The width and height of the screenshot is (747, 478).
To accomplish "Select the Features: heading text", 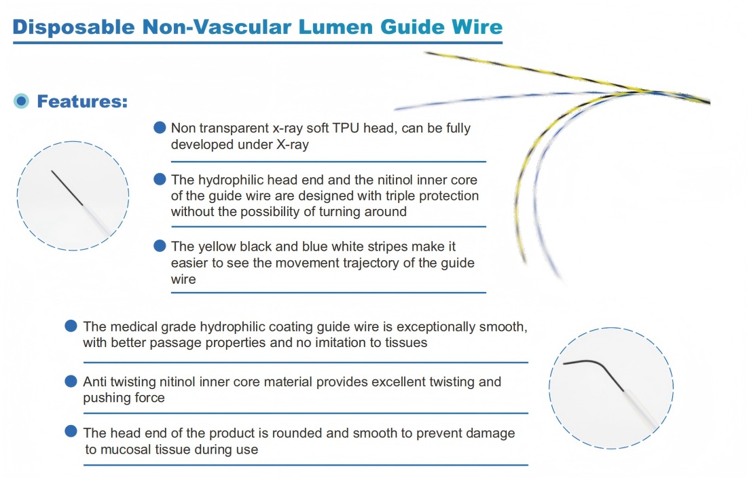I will point(82,102).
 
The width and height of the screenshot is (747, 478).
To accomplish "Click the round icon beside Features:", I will point(22,101).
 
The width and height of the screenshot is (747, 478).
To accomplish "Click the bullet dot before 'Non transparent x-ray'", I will point(160,127).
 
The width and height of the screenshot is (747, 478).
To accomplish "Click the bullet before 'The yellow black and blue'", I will point(160,246).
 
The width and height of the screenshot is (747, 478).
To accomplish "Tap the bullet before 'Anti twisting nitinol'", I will point(71,381).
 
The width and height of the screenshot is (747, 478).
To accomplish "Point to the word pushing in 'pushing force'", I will point(105,397).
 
